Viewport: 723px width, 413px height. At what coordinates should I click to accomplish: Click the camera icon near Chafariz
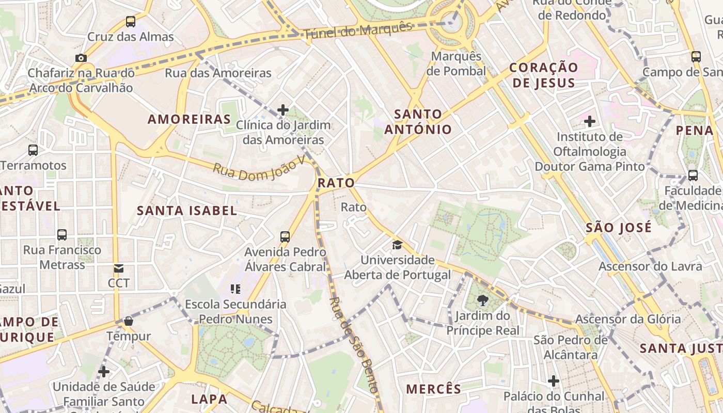pyautogui.click(x=81, y=58)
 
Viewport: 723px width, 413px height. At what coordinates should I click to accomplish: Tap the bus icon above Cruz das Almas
pyautogui.click(x=131, y=22)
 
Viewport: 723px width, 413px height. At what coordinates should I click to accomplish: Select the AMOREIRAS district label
pyautogui.click(x=189, y=119)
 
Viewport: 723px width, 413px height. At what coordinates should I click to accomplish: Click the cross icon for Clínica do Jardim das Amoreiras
pyautogui.click(x=283, y=110)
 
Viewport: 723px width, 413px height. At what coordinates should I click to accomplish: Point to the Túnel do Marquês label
pyautogui.click(x=358, y=30)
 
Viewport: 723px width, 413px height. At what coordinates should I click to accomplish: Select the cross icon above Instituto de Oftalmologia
pyautogui.click(x=589, y=122)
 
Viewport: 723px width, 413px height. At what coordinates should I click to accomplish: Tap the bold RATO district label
pyautogui.click(x=336, y=183)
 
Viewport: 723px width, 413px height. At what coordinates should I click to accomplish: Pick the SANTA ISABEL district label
pyautogui.click(x=187, y=211)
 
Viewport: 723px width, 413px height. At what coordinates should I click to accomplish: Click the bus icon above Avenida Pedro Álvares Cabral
pyautogui.click(x=285, y=237)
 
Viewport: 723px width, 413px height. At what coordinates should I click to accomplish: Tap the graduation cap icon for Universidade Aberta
pyautogui.click(x=397, y=245)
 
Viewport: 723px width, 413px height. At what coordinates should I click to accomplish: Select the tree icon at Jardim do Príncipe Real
pyautogui.click(x=483, y=300)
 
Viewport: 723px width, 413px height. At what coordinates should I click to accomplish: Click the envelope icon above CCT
pyautogui.click(x=119, y=268)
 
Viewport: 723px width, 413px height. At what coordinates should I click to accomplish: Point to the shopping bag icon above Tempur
pyautogui.click(x=129, y=321)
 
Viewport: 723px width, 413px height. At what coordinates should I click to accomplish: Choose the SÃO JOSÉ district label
pyautogui.click(x=619, y=228)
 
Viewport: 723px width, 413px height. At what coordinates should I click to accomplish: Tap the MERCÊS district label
pyautogui.click(x=433, y=389)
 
